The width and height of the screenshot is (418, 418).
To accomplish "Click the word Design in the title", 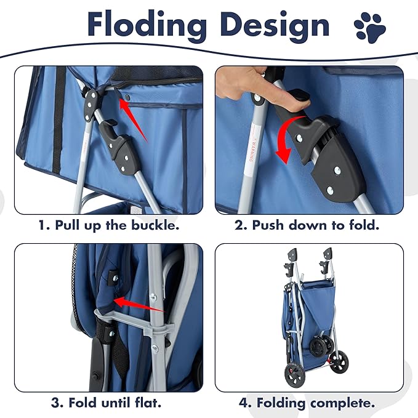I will point(275,25).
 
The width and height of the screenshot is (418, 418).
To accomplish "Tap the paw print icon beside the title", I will point(370,26).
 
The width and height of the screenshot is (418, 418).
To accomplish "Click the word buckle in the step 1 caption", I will point(154,225).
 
